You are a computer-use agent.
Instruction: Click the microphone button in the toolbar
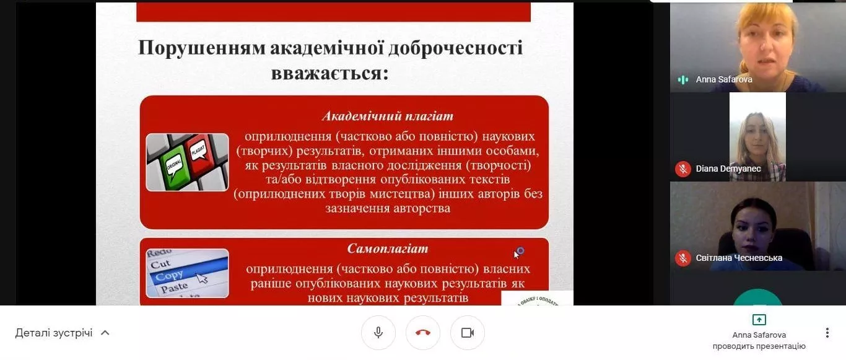pyautogui.click(x=378, y=333)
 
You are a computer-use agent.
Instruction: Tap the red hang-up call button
pyautogui.click(x=423, y=333)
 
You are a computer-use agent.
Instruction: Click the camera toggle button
pyautogui.click(x=468, y=333)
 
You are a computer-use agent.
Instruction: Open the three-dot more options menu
pyautogui.click(x=827, y=333)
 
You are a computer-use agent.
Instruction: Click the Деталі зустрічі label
pyautogui.click(x=54, y=333)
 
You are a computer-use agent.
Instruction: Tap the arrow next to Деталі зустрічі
pyautogui.click(x=105, y=333)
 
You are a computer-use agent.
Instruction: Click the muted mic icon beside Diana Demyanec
pyautogui.click(x=683, y=169)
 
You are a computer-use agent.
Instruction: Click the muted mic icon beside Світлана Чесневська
pyautogui.click(x=683, y=258)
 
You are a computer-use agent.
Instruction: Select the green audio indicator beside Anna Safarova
pyautogui.click(x=683, y=79)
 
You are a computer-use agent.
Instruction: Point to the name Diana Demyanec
pyautogui.click(x=728, y=169)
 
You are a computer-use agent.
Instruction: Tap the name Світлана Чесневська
pyautogui.click(x=739, y=258)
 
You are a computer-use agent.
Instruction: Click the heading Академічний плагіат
pyautogui.click(x=388, y=116)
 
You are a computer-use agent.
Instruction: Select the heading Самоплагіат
pyautogui.click(x=388, y=249)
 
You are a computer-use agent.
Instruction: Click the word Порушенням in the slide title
pyautogui.click(x=201, y=49)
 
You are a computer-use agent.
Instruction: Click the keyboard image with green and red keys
pyautogui.click(x=187, y=162)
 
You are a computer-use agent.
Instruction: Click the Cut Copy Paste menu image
pyautogui.click(x=187, y=273)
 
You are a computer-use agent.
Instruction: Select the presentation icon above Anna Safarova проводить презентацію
pyautogui.click(x=759, y=320)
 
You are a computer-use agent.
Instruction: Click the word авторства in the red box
pyautogui.click(x=422, y=208)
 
